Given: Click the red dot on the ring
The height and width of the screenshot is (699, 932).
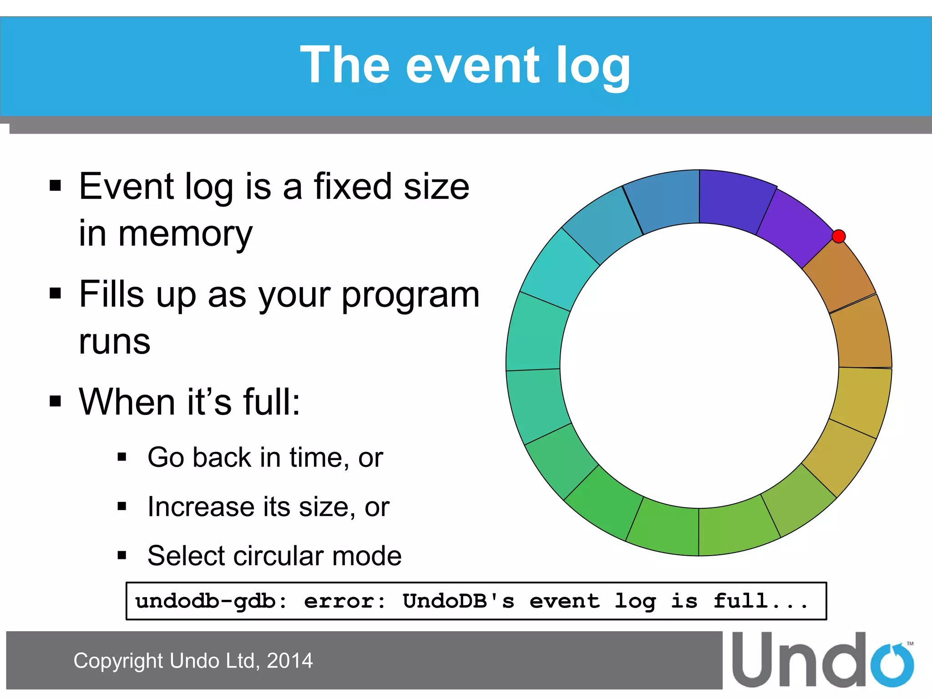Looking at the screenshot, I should (x=838, y=236).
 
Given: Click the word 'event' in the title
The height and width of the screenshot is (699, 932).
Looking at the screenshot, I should (x=472, y=66).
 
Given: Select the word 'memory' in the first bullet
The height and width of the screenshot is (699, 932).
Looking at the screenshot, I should (x=185, y=234).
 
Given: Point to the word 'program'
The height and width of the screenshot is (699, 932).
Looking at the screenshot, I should (x=410, y=294).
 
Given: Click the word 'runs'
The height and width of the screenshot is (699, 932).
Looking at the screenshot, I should (x=114, y=341).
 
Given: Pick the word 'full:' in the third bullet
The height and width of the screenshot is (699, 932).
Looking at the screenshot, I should (x=271, y=402).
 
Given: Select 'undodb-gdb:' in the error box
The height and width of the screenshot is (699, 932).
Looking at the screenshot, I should (x=211, y=601).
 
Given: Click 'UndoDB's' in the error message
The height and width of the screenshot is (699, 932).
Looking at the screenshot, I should (x=458, y=601).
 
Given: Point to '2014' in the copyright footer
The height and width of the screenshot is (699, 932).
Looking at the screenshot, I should (x=289, y=661).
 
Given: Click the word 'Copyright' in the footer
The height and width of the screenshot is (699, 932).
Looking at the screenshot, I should (x=118, y=661).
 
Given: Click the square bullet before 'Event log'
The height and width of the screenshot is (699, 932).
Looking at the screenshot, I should (x=55, y=186).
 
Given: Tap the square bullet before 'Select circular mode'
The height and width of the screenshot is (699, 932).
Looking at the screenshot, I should (x=122, y=555).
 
